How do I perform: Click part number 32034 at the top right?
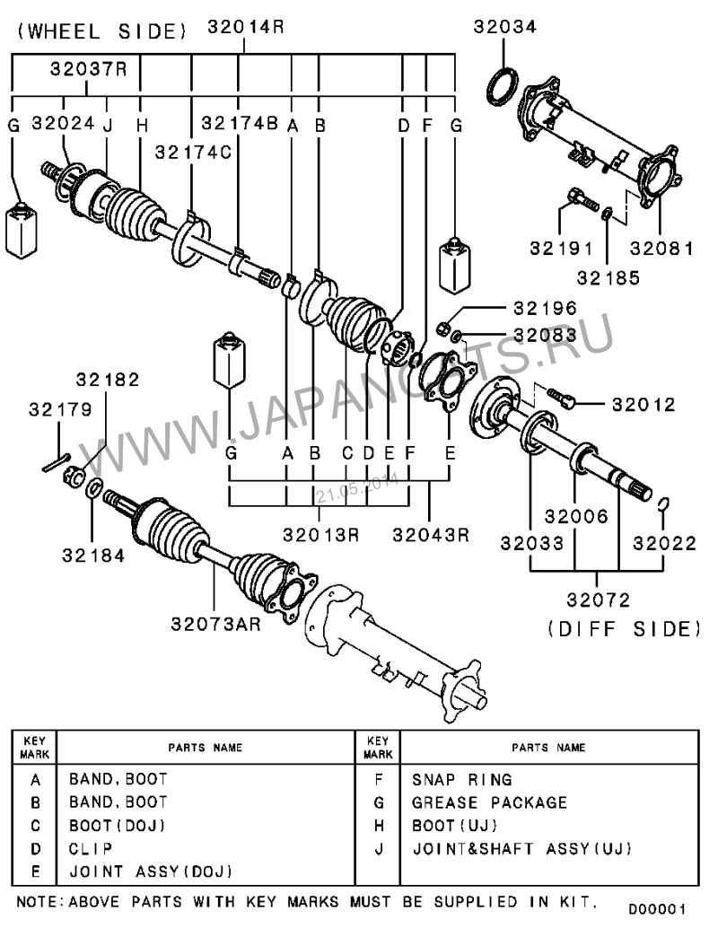coord(505,28)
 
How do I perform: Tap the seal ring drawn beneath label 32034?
coord(501,84)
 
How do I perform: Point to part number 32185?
coord(609,277)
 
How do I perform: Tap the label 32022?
coord(664,542)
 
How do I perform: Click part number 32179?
coord(60,410)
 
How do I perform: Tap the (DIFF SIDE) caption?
coord(624,628)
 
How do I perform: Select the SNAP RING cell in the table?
coord(461,780)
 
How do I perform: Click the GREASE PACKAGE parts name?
coord(489,802)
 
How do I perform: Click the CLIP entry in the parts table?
coord(91,848)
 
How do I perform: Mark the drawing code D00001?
coord(657,909)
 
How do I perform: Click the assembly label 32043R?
coord(431,535)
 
